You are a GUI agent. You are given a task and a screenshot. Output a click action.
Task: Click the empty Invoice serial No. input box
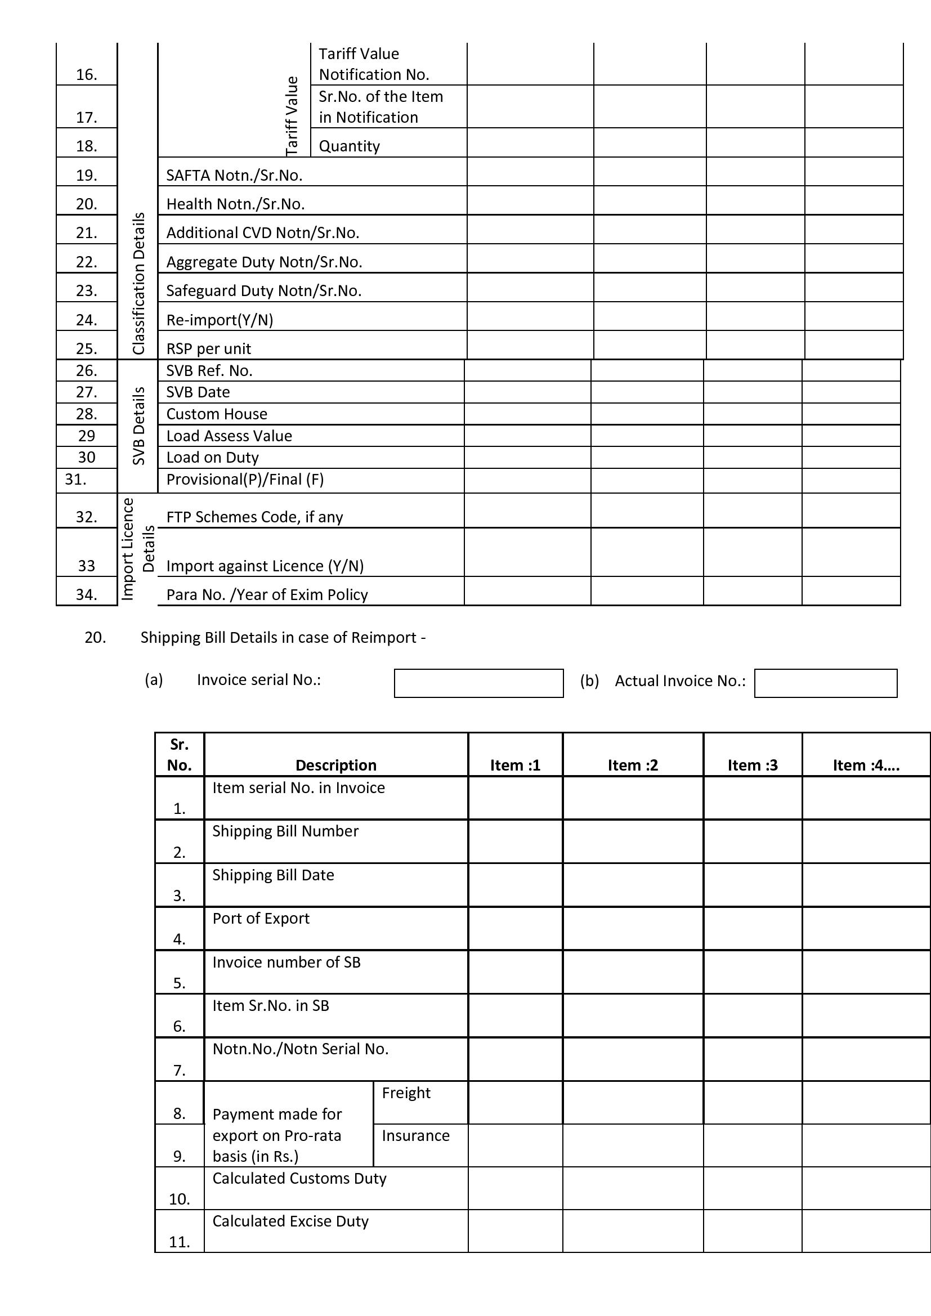point(478,683)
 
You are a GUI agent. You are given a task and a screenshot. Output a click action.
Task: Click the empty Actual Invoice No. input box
point(825,683)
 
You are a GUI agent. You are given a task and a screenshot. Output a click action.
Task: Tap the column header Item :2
point(632,765)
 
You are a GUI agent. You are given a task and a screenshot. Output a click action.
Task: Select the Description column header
point(336,765)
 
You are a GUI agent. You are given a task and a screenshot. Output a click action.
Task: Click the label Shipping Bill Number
point(285,831)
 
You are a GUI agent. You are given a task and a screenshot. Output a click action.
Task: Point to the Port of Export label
point(261,918)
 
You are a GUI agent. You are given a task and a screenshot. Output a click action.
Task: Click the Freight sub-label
point(406,1093)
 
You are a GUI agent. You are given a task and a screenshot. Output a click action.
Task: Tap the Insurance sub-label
point(415,1135)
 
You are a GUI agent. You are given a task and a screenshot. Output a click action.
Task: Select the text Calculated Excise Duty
point(290,1221)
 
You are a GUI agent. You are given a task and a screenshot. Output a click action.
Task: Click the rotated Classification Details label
point(138,283)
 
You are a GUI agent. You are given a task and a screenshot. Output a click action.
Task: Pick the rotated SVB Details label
point(138,426)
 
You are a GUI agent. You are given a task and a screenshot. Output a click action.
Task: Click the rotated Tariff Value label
point(292,116)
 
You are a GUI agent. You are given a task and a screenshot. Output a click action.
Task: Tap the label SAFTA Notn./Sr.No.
point(234,176)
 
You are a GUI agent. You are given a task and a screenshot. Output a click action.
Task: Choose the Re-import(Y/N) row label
point(220,320)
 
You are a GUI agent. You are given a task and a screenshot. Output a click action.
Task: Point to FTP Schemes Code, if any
point(254,517)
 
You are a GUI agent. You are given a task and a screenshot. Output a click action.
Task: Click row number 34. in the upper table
point(87,594)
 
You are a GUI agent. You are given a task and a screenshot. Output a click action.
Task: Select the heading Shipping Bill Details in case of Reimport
point(283,637)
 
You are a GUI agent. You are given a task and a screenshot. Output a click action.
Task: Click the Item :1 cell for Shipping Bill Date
point(515,884)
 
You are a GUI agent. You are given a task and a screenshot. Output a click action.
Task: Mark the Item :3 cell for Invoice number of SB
point(752,972)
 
